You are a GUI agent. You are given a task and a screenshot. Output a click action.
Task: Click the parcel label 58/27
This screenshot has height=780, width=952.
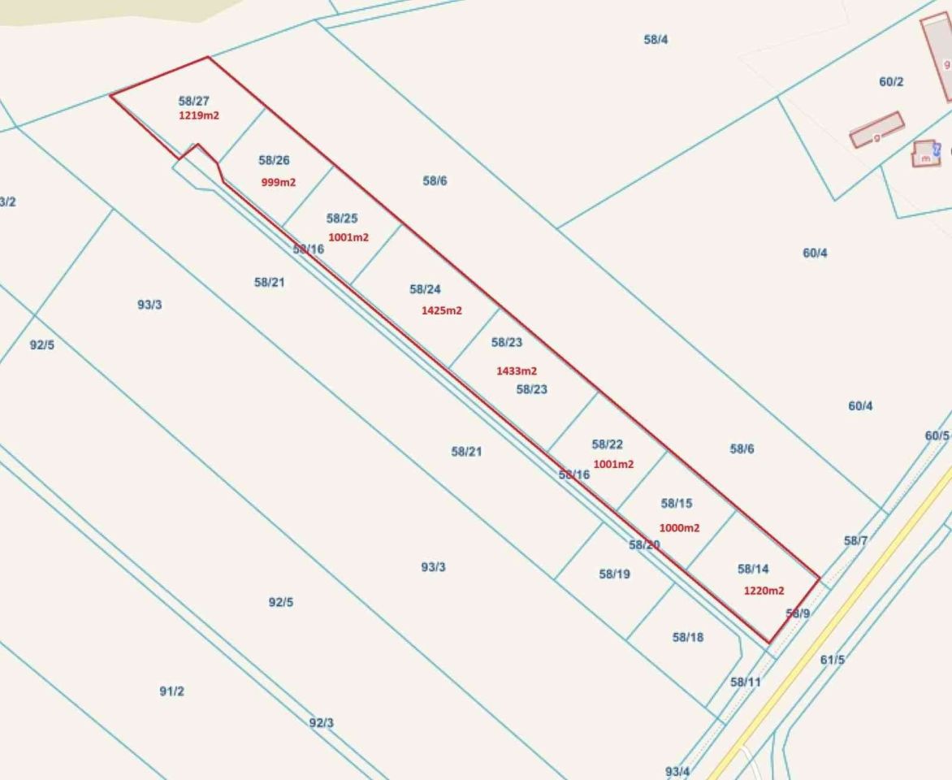coord(194,101)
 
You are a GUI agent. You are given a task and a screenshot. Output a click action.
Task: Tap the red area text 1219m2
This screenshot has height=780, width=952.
coord(199,115)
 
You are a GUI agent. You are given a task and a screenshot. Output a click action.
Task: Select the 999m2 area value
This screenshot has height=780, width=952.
coord(279,182)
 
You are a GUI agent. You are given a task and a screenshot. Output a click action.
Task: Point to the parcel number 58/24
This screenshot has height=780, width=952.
coord(425,289)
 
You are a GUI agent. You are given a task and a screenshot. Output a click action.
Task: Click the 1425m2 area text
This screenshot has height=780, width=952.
coord(442,310)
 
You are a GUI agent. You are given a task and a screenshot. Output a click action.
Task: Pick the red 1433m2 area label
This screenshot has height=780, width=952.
coord(517,370)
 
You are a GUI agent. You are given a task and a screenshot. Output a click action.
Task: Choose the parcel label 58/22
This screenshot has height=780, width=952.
coord(608,444)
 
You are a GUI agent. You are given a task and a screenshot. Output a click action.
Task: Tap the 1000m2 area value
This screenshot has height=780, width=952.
coord(679,527)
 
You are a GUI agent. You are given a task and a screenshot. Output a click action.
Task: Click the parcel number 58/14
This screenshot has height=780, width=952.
coord(753,569)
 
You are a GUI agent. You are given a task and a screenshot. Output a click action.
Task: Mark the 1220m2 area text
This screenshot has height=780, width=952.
coord(764,591)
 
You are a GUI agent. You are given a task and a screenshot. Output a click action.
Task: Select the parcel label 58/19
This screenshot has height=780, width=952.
coord(615,574)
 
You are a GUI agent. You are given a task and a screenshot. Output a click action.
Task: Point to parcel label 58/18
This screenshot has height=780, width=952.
coord(688,637)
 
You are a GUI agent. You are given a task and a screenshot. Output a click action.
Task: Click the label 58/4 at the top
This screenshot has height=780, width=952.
coord(656,39)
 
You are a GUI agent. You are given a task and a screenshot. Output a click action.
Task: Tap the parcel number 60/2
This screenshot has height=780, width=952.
coord(891,81)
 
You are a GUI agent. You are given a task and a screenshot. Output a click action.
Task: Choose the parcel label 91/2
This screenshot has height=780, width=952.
coord(171,691)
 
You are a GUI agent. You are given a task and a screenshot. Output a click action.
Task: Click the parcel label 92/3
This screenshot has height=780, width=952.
coord(321,722)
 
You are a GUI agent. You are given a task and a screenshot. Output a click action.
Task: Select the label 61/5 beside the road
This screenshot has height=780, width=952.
coord(833,660)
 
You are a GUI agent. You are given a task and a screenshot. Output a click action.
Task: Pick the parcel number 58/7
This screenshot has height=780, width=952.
coord(856,540)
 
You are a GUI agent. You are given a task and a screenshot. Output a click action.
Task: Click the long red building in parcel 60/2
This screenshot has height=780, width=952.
coord(876,130)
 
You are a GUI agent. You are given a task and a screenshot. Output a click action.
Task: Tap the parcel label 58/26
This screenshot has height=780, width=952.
coord(274,161)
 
